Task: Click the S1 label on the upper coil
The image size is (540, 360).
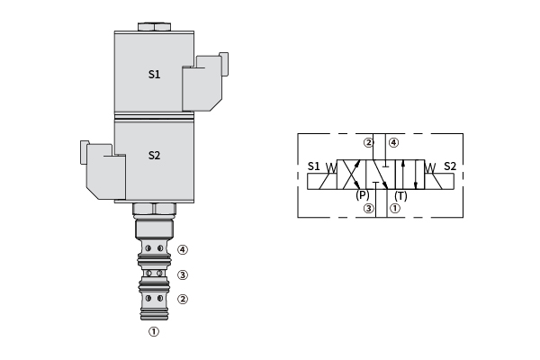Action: [x=154, y=74]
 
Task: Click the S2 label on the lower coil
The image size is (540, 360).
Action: [x=154, y=156]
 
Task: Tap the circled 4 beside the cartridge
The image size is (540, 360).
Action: [x=183, y=249]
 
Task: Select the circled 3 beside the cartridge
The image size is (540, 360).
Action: [x=183, y=274]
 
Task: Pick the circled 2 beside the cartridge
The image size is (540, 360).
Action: [x=183, y=299]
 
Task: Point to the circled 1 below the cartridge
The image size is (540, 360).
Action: [x=154, y=331]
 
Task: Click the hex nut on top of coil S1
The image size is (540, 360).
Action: [x=154, y=27]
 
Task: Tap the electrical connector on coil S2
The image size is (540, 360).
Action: [x=103, y=170]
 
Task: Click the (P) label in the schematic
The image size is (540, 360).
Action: [x=363, y=195]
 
